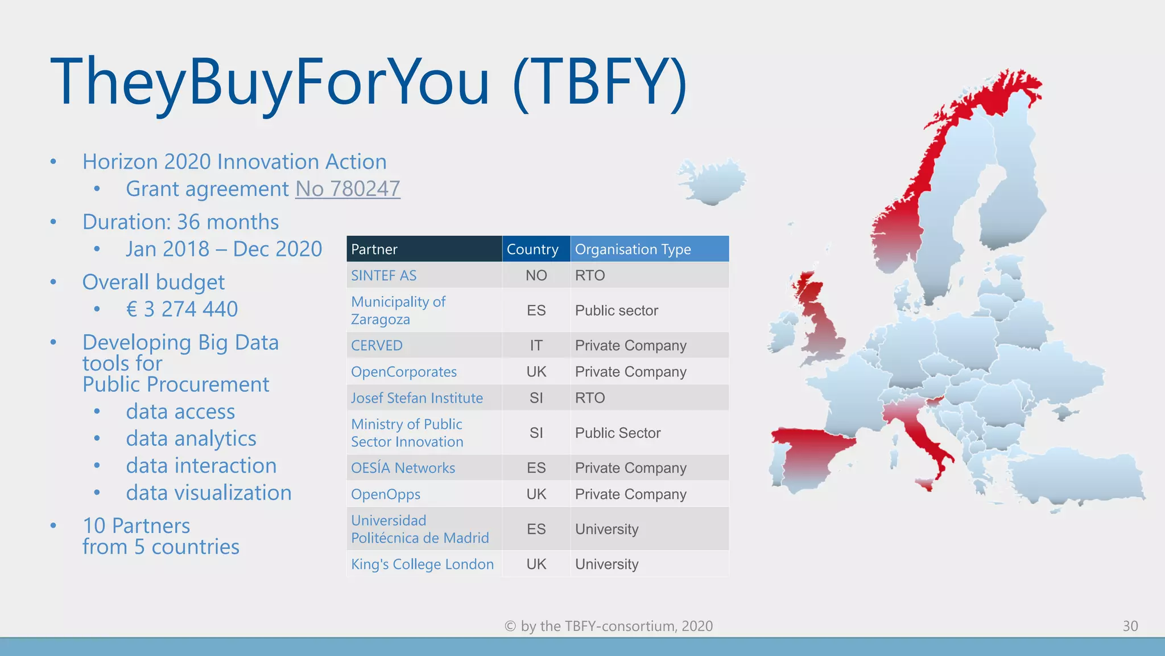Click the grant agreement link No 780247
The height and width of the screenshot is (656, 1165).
pyautogui.click(x=348, y=189)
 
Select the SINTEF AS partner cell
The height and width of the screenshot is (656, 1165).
pyautogui.click(x=384, y=276)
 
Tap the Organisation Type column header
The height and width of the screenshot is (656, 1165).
pyautogui.click(x=633, y=249)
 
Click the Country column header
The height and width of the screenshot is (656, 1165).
pyautogui.click(x=532, y=249)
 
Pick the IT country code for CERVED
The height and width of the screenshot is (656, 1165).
pyautogui.click(x=536, y=346)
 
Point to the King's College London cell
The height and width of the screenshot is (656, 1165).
pyautogui.click(x=422, y=564)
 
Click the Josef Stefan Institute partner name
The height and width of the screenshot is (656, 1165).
pyautogui.click(x=417, y=398)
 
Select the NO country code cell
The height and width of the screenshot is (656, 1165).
pyautogui.click(x=536, y=276)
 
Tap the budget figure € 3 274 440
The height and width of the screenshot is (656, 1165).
pyautogui.click(x=182, y=309)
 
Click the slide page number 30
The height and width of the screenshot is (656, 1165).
pyautogui.click(x=1130, y=626)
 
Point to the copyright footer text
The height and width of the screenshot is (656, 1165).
pyautogui.click(x=608, y=626)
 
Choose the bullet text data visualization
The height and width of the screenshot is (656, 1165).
pyautogui.click(x=209, y=493)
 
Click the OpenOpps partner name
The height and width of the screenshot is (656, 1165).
pyautogui.click(x=386, y=494)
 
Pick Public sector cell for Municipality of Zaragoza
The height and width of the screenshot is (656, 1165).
pyautogui.click(x=616, y=310)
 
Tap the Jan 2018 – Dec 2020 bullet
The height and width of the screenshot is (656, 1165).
pyautogui.click(x=224, y=249)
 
